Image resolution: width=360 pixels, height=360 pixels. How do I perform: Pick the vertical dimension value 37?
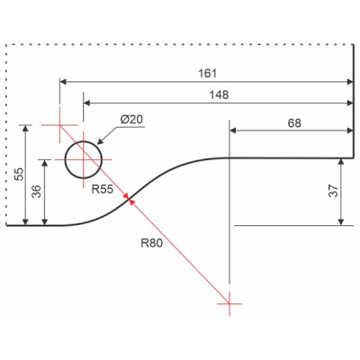click(x=334, y=192)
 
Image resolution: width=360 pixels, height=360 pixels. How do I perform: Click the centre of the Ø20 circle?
click(x=83, y=158)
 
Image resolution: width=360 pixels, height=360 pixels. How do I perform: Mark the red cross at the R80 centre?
click(x=230, y=305)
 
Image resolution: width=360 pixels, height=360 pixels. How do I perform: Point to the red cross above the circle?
click(x=59, y=126)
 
